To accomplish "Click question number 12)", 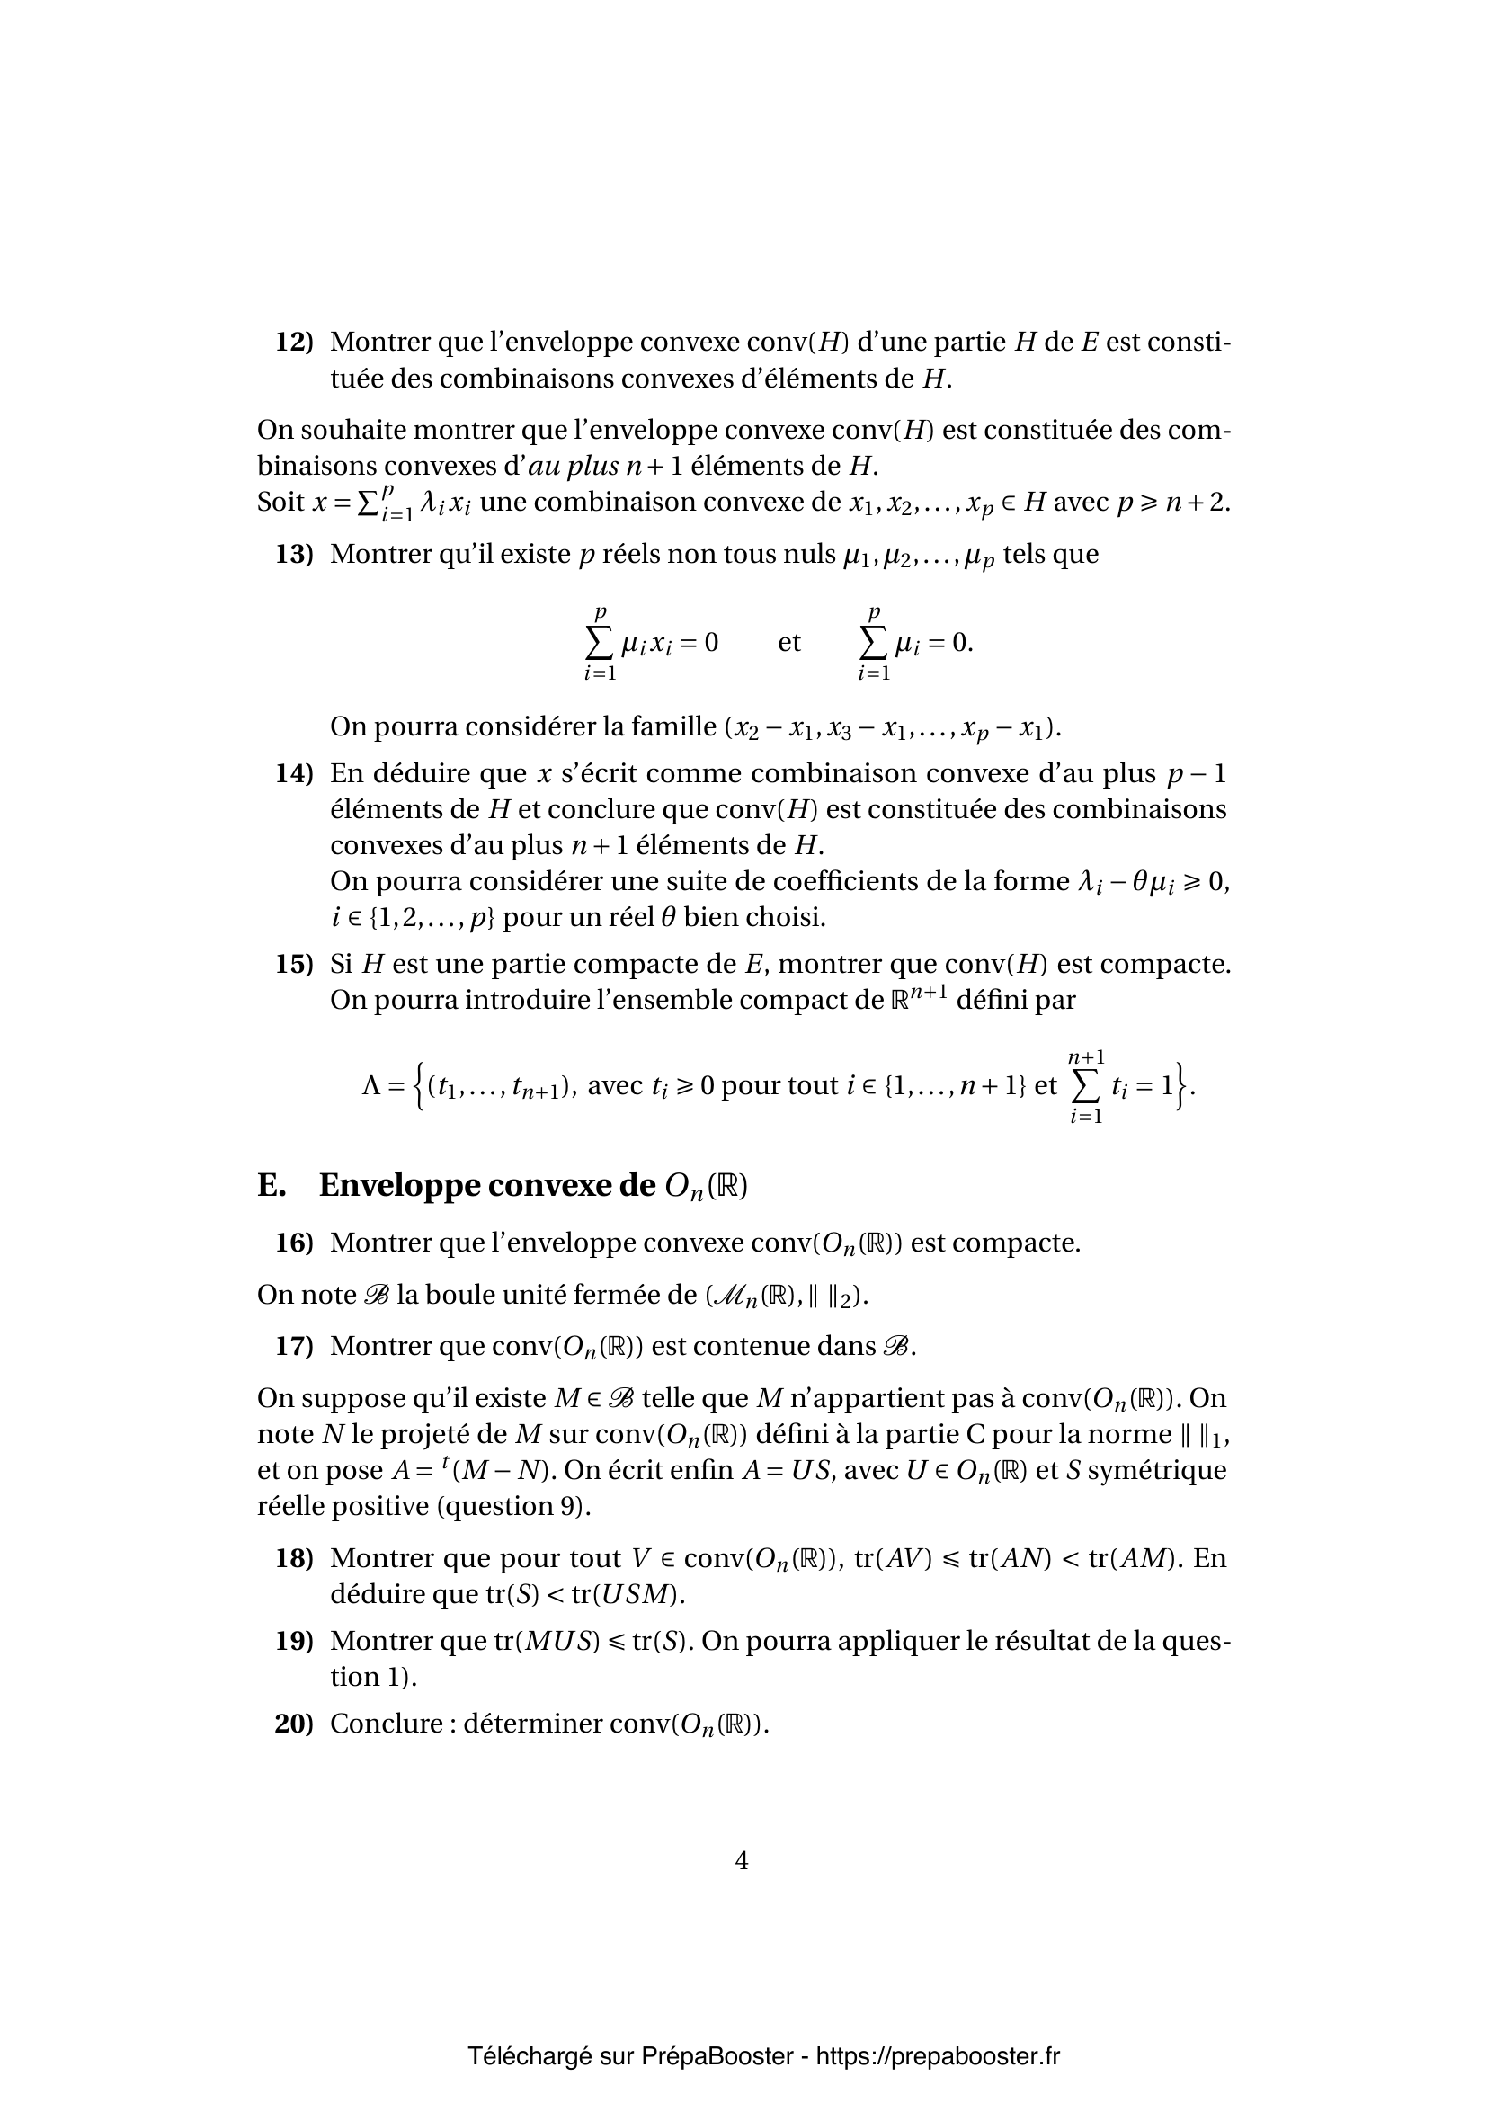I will point(294,343).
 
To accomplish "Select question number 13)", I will point(294,554).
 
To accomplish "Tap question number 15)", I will point(294,965).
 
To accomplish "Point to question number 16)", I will point(294,1243).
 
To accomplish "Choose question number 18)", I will point(294,1558).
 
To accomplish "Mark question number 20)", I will point(294,1724).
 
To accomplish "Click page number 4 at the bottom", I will point(742,1860).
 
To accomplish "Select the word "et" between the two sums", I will point(789,642).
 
